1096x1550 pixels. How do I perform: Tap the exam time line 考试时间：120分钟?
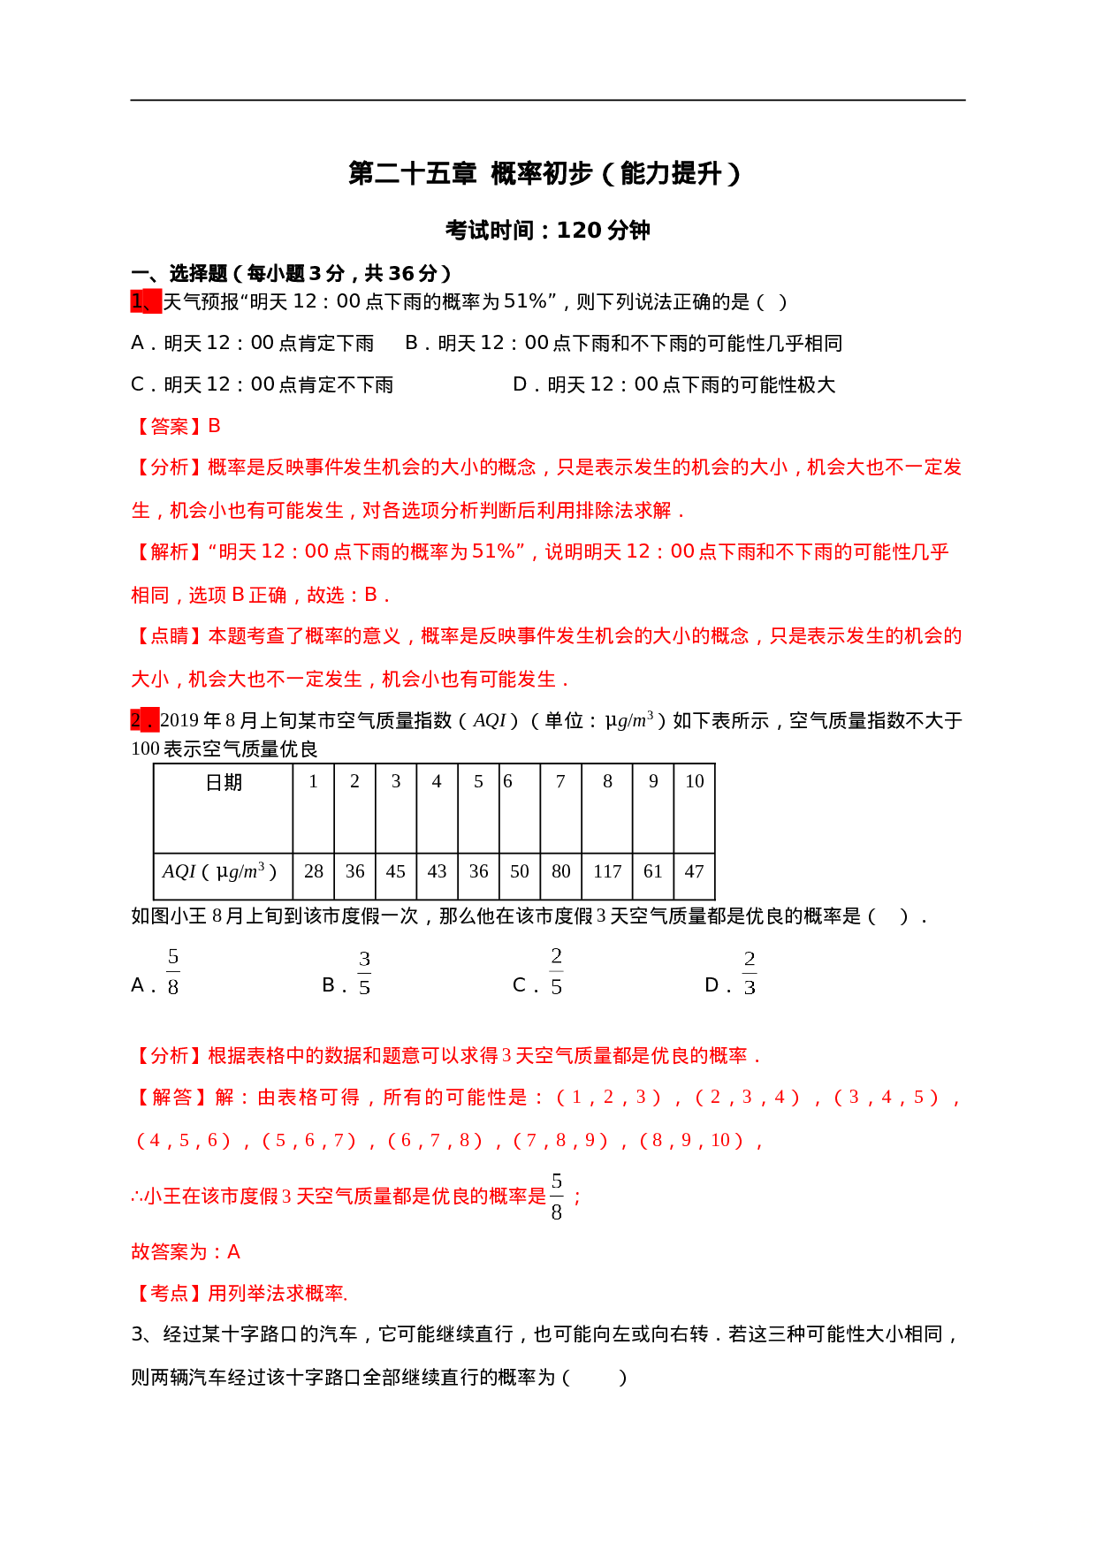[x=547, y=231]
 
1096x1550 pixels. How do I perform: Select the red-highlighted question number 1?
[x=145, y=301]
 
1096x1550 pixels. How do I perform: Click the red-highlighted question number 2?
[x=144, y=720]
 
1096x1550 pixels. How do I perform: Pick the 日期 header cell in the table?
[x=224, y=783]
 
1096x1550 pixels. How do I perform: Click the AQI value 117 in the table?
[x=607, y=871]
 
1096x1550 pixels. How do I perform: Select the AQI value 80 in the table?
[x=560, y=871]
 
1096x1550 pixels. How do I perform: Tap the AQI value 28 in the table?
[x=314, y=871]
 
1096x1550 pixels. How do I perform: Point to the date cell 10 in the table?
[x=694, y=781]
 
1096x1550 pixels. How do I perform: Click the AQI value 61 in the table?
[x=653, y=871]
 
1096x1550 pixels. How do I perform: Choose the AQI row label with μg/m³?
[x=219, y=871]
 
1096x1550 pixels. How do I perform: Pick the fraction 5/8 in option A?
[x=173, y=972]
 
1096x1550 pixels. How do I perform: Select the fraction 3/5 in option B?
[x=364, y=973]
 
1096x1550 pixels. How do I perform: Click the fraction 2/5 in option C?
[x=556, y=972]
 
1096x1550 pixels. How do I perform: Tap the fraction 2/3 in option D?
[x=750, y=973]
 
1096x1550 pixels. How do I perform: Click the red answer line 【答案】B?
[x=176, y=427]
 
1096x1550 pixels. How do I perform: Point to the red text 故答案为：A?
[x=186, y=1251]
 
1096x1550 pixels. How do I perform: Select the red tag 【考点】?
[x=168, y=1294]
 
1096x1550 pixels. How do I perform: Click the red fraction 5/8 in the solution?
[x=556, y=1197]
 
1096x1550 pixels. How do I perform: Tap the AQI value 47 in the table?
[x=694, y=871]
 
